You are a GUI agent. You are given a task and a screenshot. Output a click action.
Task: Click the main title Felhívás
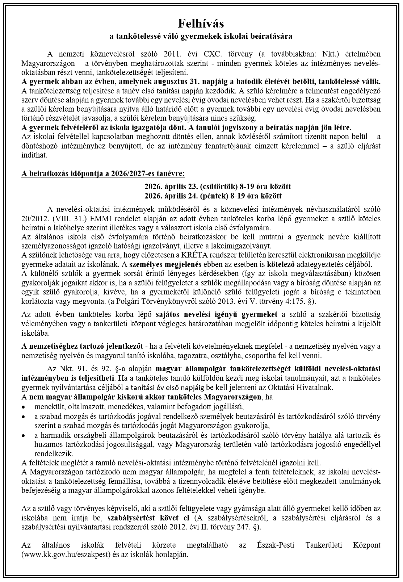[x=201, y=24]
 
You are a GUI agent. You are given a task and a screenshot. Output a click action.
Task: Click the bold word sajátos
[x=169, y=314]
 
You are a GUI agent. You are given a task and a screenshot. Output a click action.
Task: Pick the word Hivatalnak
[x=315, y=387]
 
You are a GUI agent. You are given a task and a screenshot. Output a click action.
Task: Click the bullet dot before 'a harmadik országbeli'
[x=24, y=435]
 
